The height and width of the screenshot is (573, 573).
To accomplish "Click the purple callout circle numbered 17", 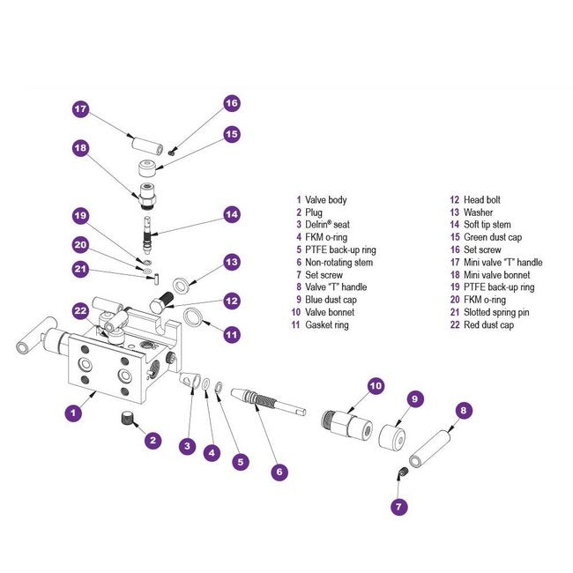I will tap(80, 108).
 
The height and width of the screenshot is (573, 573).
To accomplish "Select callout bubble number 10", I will tap(376, 385).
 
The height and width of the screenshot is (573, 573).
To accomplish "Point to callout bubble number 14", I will tap(231, 213).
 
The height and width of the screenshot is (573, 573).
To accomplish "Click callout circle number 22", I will tap(80, 309).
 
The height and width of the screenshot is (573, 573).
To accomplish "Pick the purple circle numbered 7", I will tap(398, 506).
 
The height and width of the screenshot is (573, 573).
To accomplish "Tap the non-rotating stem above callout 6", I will tap(265, 402).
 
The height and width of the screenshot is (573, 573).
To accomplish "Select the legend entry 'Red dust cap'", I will tap(481, 324).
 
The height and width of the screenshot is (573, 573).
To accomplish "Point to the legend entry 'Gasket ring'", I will tap(327, 324).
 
